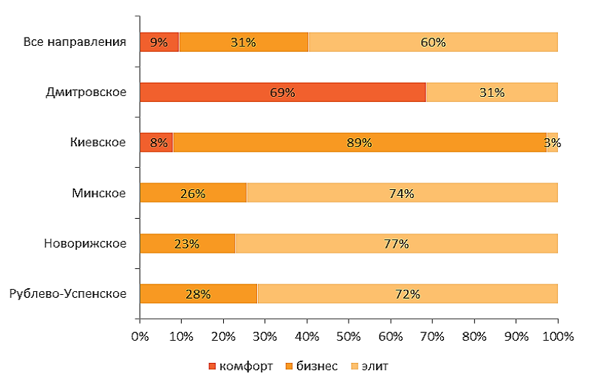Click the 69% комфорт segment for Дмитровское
pyautogui.click(x=282, y=92)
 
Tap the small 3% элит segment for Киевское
pyautogui.click(x=552, y=143)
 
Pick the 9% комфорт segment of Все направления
pyautogui.click(x=159, y=42)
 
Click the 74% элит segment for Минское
pyautogui.click(x=402, y=193)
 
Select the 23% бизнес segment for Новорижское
pyautogui.click(x=187, y=243)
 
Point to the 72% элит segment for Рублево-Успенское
pyautogui.click(x=407, y=293)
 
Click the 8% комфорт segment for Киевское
pyautogui.click(x=156, y=143)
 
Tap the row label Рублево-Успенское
pyautogui.click(x=68, y=294)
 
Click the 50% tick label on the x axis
pyautogui.click(x=349, y=336)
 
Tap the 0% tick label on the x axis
pyautogui.click(x=140, y=336)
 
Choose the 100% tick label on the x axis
pyautogui.click(x=558, y=336)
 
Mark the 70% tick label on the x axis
pyautogui.click(x=432, y=336)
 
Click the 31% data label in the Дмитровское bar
pyautogui.click(x=491, y=92)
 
